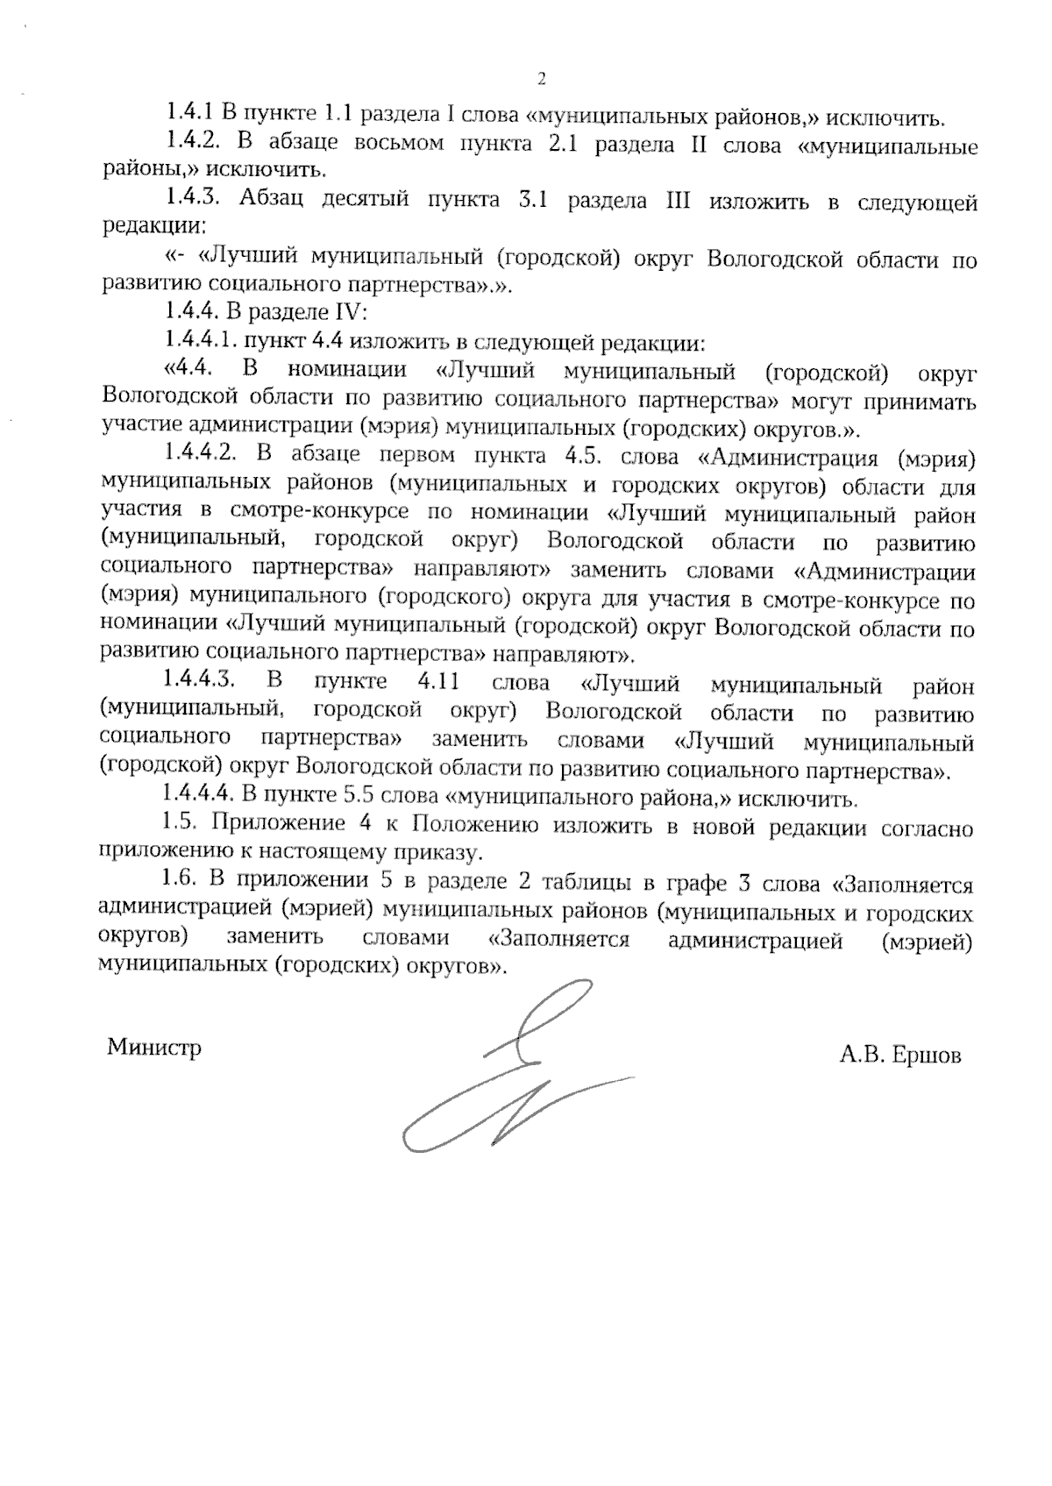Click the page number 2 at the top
point(541,80)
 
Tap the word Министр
point(154,1048)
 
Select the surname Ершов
point(926,1056)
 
